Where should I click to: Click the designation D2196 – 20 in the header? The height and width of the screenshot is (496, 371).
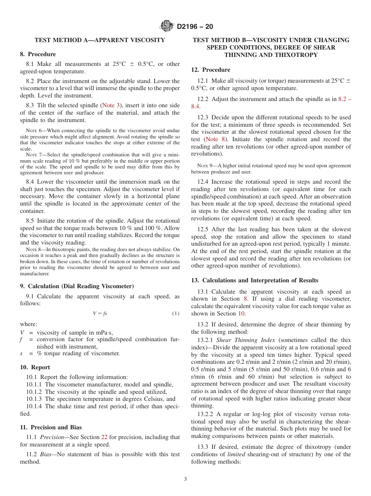point(195,27)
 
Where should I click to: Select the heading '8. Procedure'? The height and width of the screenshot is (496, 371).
point(38,54)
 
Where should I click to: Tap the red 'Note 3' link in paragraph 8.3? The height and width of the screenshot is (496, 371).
point(111,105)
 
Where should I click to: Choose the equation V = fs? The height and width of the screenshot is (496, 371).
point(100,314)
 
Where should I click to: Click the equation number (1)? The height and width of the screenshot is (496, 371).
point(176,314)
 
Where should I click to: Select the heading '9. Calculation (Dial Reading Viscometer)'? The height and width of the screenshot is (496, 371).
point(77,286)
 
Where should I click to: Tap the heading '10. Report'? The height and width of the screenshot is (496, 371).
point(35,367)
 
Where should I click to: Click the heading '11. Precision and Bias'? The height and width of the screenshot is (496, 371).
point(51,427)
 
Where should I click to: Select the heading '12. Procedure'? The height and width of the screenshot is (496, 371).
point(210,70)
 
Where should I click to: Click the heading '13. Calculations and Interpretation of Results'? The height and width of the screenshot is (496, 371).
point(255,280)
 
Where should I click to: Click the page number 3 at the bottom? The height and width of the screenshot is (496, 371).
point(185,479)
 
